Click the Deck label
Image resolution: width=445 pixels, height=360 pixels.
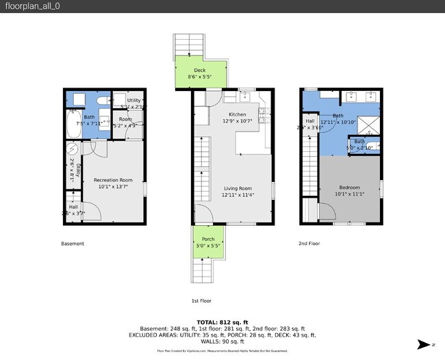(199, 70)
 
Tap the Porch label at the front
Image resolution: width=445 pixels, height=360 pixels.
(207, 239)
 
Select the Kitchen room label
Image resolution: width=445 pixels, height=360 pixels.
(237, 114)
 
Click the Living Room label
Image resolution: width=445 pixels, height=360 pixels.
(237, 188)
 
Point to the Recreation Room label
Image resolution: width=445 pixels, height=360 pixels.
(111, 179)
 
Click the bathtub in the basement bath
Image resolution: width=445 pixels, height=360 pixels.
(72, 125)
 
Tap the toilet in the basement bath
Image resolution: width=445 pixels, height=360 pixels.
(102, 101)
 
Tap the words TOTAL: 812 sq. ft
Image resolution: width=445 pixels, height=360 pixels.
(222, 322)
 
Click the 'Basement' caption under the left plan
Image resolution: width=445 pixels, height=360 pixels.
(73, 244)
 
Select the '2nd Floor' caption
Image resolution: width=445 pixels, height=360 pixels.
(309, 244)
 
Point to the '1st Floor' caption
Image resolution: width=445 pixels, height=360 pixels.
(201, 300)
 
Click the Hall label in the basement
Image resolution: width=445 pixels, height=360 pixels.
(73, 207)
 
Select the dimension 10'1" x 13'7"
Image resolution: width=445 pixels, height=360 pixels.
(111, 186)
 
